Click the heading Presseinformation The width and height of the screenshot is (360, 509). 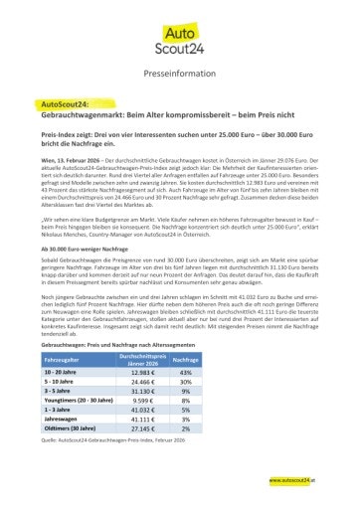pos(179,73)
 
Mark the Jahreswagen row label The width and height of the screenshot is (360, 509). pos(62,419)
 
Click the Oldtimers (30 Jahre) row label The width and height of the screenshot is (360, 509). pos(69,428)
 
